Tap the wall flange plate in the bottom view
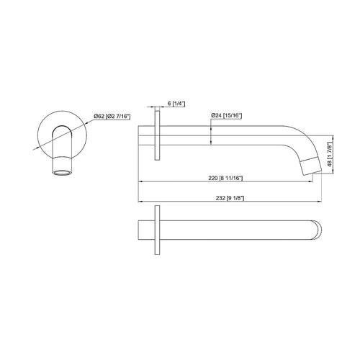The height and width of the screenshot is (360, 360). tap(156, 233)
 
